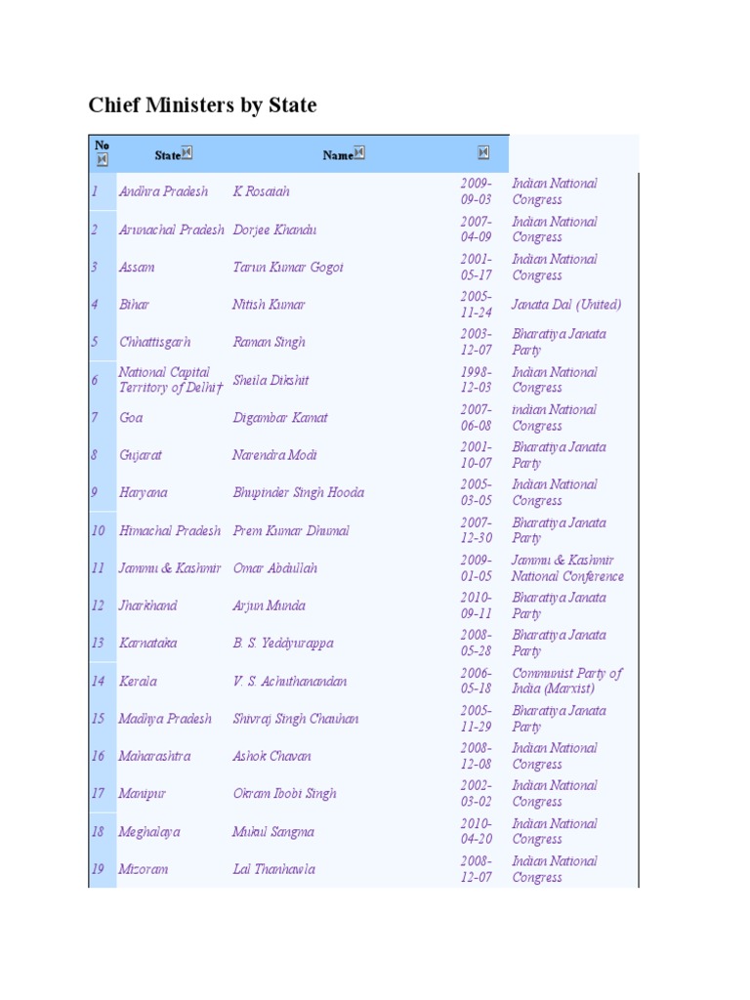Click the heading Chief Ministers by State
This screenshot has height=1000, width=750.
tap(202, 105)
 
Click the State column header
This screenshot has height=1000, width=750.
tap(167, 154)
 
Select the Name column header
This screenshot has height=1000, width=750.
tap(337, 154)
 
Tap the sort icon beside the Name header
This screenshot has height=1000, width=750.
tap(358, 152)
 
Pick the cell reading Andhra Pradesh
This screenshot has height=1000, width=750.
tap(163, 191)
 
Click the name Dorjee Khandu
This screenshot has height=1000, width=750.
tap(274, 229)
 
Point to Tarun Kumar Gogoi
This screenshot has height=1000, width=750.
tap(288, 267)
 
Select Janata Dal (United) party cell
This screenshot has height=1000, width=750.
tap(566, 305)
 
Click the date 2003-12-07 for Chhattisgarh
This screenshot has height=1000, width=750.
tap(477, 342)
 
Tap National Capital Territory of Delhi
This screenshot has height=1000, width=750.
tap(165, 380)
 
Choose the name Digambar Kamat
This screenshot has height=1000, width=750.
tap(280, 417)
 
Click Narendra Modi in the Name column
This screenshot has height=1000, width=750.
tap(275, 455)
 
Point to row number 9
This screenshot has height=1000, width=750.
tap(95, 492)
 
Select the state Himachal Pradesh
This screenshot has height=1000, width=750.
tap(170, 530)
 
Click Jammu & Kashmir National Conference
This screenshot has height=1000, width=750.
tap(567, 567)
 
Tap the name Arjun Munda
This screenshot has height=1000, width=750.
tap(269, 605)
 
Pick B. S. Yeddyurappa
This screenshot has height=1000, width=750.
tap(283, 643)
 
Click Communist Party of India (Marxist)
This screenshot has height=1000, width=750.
tap(566, 681)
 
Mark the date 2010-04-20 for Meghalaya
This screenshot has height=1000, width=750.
tap(477, 831)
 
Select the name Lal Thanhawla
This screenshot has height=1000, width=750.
tap(273, 869)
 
